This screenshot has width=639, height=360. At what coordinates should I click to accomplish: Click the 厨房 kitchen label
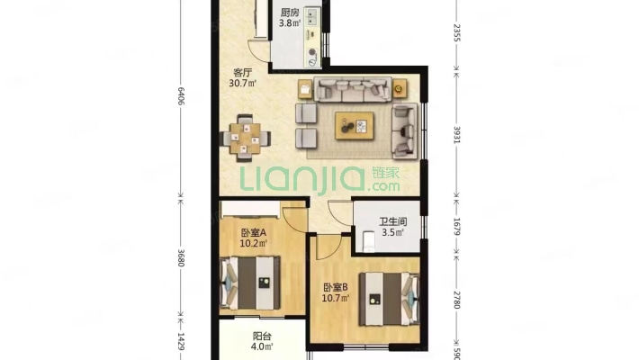pyautogui.click(x=288, y=13)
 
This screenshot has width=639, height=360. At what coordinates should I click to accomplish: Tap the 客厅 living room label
pyautogui.click(x=242, y=73)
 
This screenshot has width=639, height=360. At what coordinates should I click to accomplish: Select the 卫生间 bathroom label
pyautogui.click(x=390, y=219)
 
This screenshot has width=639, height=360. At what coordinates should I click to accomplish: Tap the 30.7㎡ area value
pyautogui.click(x=243, y=85)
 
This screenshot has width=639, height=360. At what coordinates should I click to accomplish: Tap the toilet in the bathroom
pyautogui.click(x=366, y=241)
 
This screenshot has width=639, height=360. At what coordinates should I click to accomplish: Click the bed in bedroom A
pyautogui.click(x=254, y=283)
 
